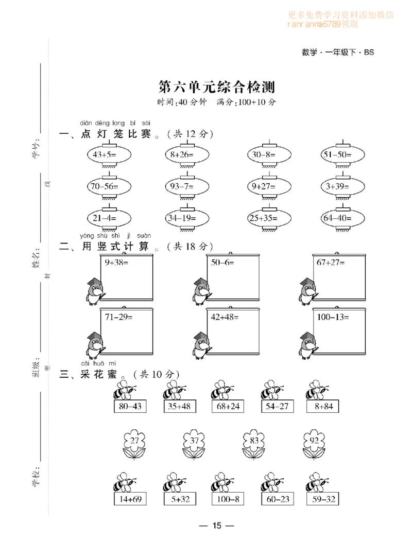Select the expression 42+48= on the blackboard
[225, 317]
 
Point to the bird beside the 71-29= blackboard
[94, 345]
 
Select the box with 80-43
[129, 407]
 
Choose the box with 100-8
[226, 499]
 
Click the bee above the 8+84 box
[318, 391]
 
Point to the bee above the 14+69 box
[125, 483]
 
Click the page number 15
[216, 526]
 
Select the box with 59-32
[321, 499]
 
